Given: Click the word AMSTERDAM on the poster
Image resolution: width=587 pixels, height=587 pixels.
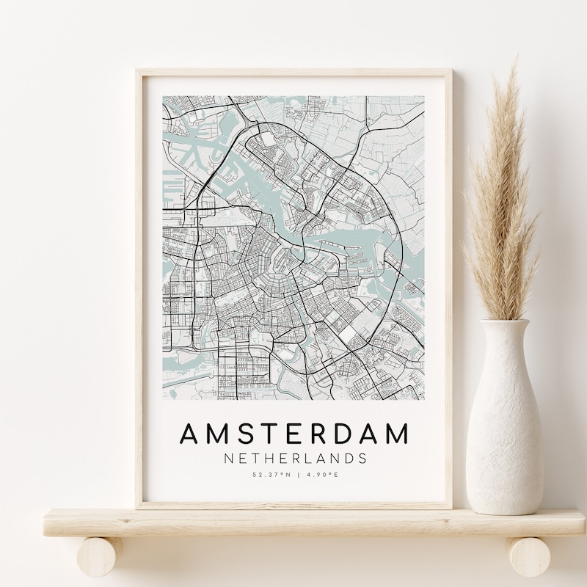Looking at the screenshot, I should (293, 434).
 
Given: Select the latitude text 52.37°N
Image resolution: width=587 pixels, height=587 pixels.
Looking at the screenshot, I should (269, 475).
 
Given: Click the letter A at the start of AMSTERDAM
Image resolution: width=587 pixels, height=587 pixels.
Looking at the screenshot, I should (189, 434).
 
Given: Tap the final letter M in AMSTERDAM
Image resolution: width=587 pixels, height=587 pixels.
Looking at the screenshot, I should (396, 434).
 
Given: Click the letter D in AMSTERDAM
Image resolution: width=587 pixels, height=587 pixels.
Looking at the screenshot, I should (343, 434).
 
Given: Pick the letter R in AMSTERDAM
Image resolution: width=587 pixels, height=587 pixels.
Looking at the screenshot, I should (318, 434).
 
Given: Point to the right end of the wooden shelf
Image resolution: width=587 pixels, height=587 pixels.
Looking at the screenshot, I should (580, 522).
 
